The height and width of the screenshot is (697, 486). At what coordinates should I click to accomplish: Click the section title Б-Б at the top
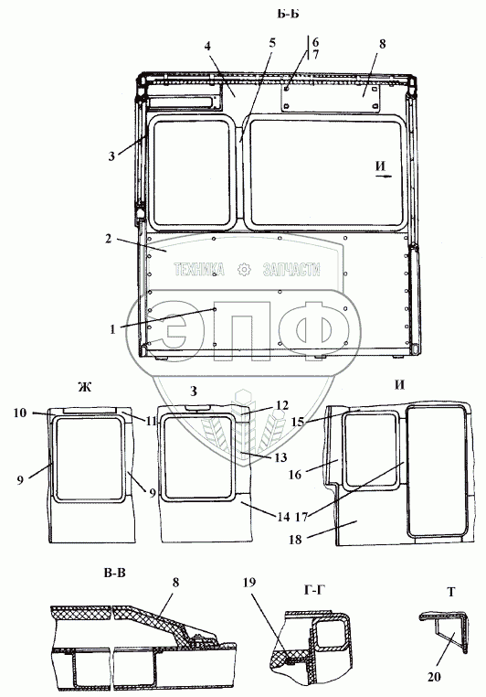coord(288,14)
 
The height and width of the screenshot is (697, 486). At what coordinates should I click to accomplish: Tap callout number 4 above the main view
coord(207,46)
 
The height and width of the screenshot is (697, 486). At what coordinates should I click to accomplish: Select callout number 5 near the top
coord(272,43)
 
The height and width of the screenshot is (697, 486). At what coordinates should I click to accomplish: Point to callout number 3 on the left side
coord(111,156)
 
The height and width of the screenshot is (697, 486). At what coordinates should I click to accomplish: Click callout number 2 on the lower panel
coord(109,238)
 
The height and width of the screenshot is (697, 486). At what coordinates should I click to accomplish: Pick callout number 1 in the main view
coord(112,329)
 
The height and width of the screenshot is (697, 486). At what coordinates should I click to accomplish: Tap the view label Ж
coord(84,387)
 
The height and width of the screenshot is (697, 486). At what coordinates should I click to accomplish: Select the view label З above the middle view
coord(194,391)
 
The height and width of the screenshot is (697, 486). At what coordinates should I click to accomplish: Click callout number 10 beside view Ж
coord(20,413)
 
